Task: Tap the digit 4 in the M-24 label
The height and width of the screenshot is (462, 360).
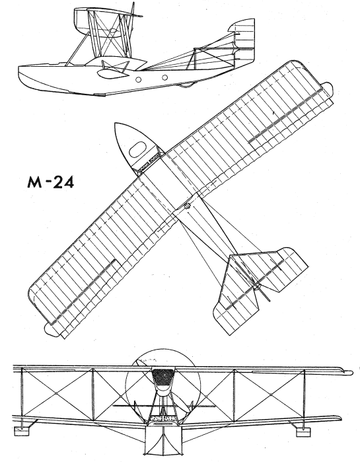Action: click(x=67, y=182)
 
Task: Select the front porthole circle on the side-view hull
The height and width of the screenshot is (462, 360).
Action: click(x=138, y=79)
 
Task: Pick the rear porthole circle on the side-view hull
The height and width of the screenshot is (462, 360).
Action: click(x=165, y=78)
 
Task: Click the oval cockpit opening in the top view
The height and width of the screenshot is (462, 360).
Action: click(x=138, y=149)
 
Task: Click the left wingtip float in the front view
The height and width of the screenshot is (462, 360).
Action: click(x=22, y=431)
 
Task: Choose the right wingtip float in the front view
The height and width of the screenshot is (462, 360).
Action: click(x=303, y=432)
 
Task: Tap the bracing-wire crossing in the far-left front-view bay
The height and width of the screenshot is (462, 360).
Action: click(x=56, y=393)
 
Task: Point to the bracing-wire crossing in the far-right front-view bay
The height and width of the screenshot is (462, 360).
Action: click(x=271, y=394)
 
